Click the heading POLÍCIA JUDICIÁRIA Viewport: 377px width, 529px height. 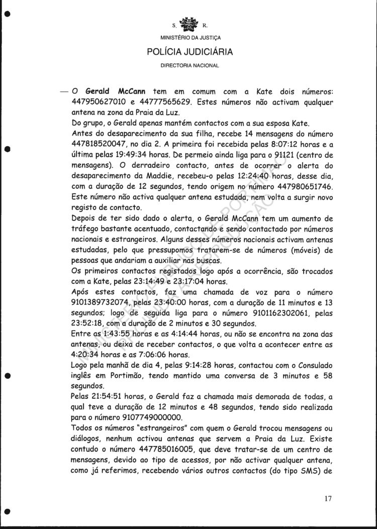pos(190,52)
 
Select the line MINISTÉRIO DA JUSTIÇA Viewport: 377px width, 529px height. pos(190,38)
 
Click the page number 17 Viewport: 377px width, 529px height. pos(328,498)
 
